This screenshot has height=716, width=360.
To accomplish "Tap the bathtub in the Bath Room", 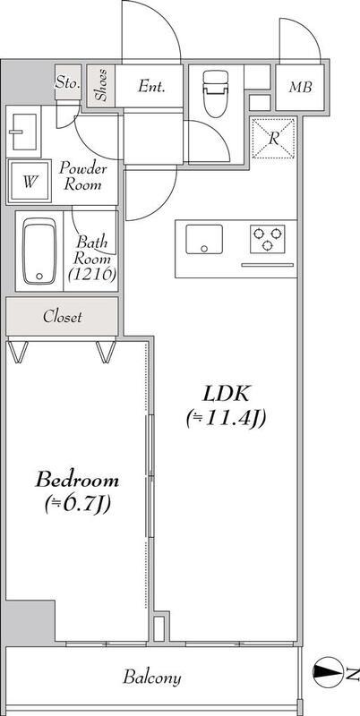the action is [x=39, y=251].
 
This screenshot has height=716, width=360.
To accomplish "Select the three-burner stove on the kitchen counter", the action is [x=267, y=239].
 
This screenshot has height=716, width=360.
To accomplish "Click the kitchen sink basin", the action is [x=204, y=239].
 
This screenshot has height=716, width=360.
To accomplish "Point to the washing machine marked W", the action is [x=30, y=182].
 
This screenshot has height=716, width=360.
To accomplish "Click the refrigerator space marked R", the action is [x=273, y=139].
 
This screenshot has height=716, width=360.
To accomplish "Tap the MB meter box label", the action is [x=300, y=87].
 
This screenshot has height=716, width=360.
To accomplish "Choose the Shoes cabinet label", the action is [x=101, y=84].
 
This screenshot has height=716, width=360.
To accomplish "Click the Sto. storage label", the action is [x=68, y=83].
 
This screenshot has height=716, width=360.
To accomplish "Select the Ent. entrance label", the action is [x=151, y=86].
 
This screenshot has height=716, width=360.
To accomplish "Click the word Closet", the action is [x=63, y=317].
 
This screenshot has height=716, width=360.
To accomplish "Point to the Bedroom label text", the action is [x=77, y=480].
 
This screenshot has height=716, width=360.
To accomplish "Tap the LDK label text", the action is [x=226, y=394].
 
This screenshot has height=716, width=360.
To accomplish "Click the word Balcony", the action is [x=152, y=678].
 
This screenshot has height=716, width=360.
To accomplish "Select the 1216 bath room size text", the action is [x=91, y=274].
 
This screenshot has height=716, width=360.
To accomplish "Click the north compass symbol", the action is [x=328, y=672].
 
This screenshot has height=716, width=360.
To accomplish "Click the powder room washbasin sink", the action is [x=24, y=132].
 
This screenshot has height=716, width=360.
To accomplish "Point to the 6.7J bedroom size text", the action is [x=79, y=505].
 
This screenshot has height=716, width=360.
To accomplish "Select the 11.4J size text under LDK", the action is [x=227, y=419].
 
